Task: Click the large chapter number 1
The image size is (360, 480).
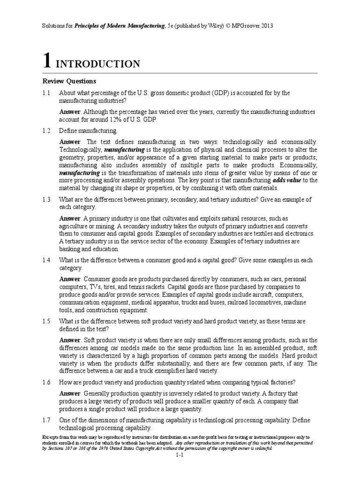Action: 47,61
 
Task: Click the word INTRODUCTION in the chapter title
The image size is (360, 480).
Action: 97,64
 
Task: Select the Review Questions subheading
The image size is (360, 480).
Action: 69,81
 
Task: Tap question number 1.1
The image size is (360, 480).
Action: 46,93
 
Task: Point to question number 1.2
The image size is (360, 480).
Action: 46,130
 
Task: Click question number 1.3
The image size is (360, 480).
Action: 46,199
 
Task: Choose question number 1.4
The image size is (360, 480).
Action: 46,260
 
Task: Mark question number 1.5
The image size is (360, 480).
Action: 46,321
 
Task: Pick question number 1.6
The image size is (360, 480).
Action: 46,382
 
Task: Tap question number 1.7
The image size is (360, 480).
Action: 46,420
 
